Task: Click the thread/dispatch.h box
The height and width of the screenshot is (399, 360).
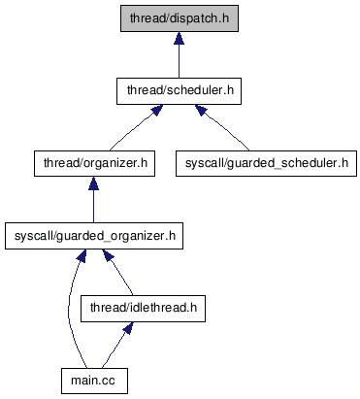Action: click(x=180, y=18)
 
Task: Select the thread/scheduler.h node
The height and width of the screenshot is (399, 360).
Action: click(x=179, y=91)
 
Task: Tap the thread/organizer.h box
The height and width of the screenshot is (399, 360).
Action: click(x=94, y=163)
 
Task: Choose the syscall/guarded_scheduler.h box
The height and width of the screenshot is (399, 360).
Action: click(x=266, y=163)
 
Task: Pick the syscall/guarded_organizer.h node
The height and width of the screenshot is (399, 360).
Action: click(x=94, y=236)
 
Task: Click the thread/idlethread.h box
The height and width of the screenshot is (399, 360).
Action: click(x=143, y=309)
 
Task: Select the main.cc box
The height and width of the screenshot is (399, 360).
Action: click(x=94, y=381)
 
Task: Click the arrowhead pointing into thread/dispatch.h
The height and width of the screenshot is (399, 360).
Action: click(x=179, y=38)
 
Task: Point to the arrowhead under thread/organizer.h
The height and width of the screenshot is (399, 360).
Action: click(x=93, y=183)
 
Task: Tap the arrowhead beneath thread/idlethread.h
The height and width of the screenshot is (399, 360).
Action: click(x=129, y=328)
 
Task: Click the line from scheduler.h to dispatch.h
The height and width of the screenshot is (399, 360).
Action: click(x=179, y=54)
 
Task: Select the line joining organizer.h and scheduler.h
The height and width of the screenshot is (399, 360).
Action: click(x=135, y=127)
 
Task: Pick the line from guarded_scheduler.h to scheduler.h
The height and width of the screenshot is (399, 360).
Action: click(x=222, y=127)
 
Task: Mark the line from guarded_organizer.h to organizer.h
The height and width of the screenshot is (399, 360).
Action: click(x=93, y=200)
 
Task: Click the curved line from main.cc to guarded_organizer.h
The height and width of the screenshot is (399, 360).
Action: click(x=69, y=308)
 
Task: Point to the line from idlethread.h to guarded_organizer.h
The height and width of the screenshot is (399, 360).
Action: click(x=118, y=273)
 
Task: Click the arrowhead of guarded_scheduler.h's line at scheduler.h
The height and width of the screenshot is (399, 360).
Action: click(x=201, y=110)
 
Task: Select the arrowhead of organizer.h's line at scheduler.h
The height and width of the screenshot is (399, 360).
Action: click(x=157, y=110)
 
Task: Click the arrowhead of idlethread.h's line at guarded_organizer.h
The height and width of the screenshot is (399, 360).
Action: click(x=108, y=255)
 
